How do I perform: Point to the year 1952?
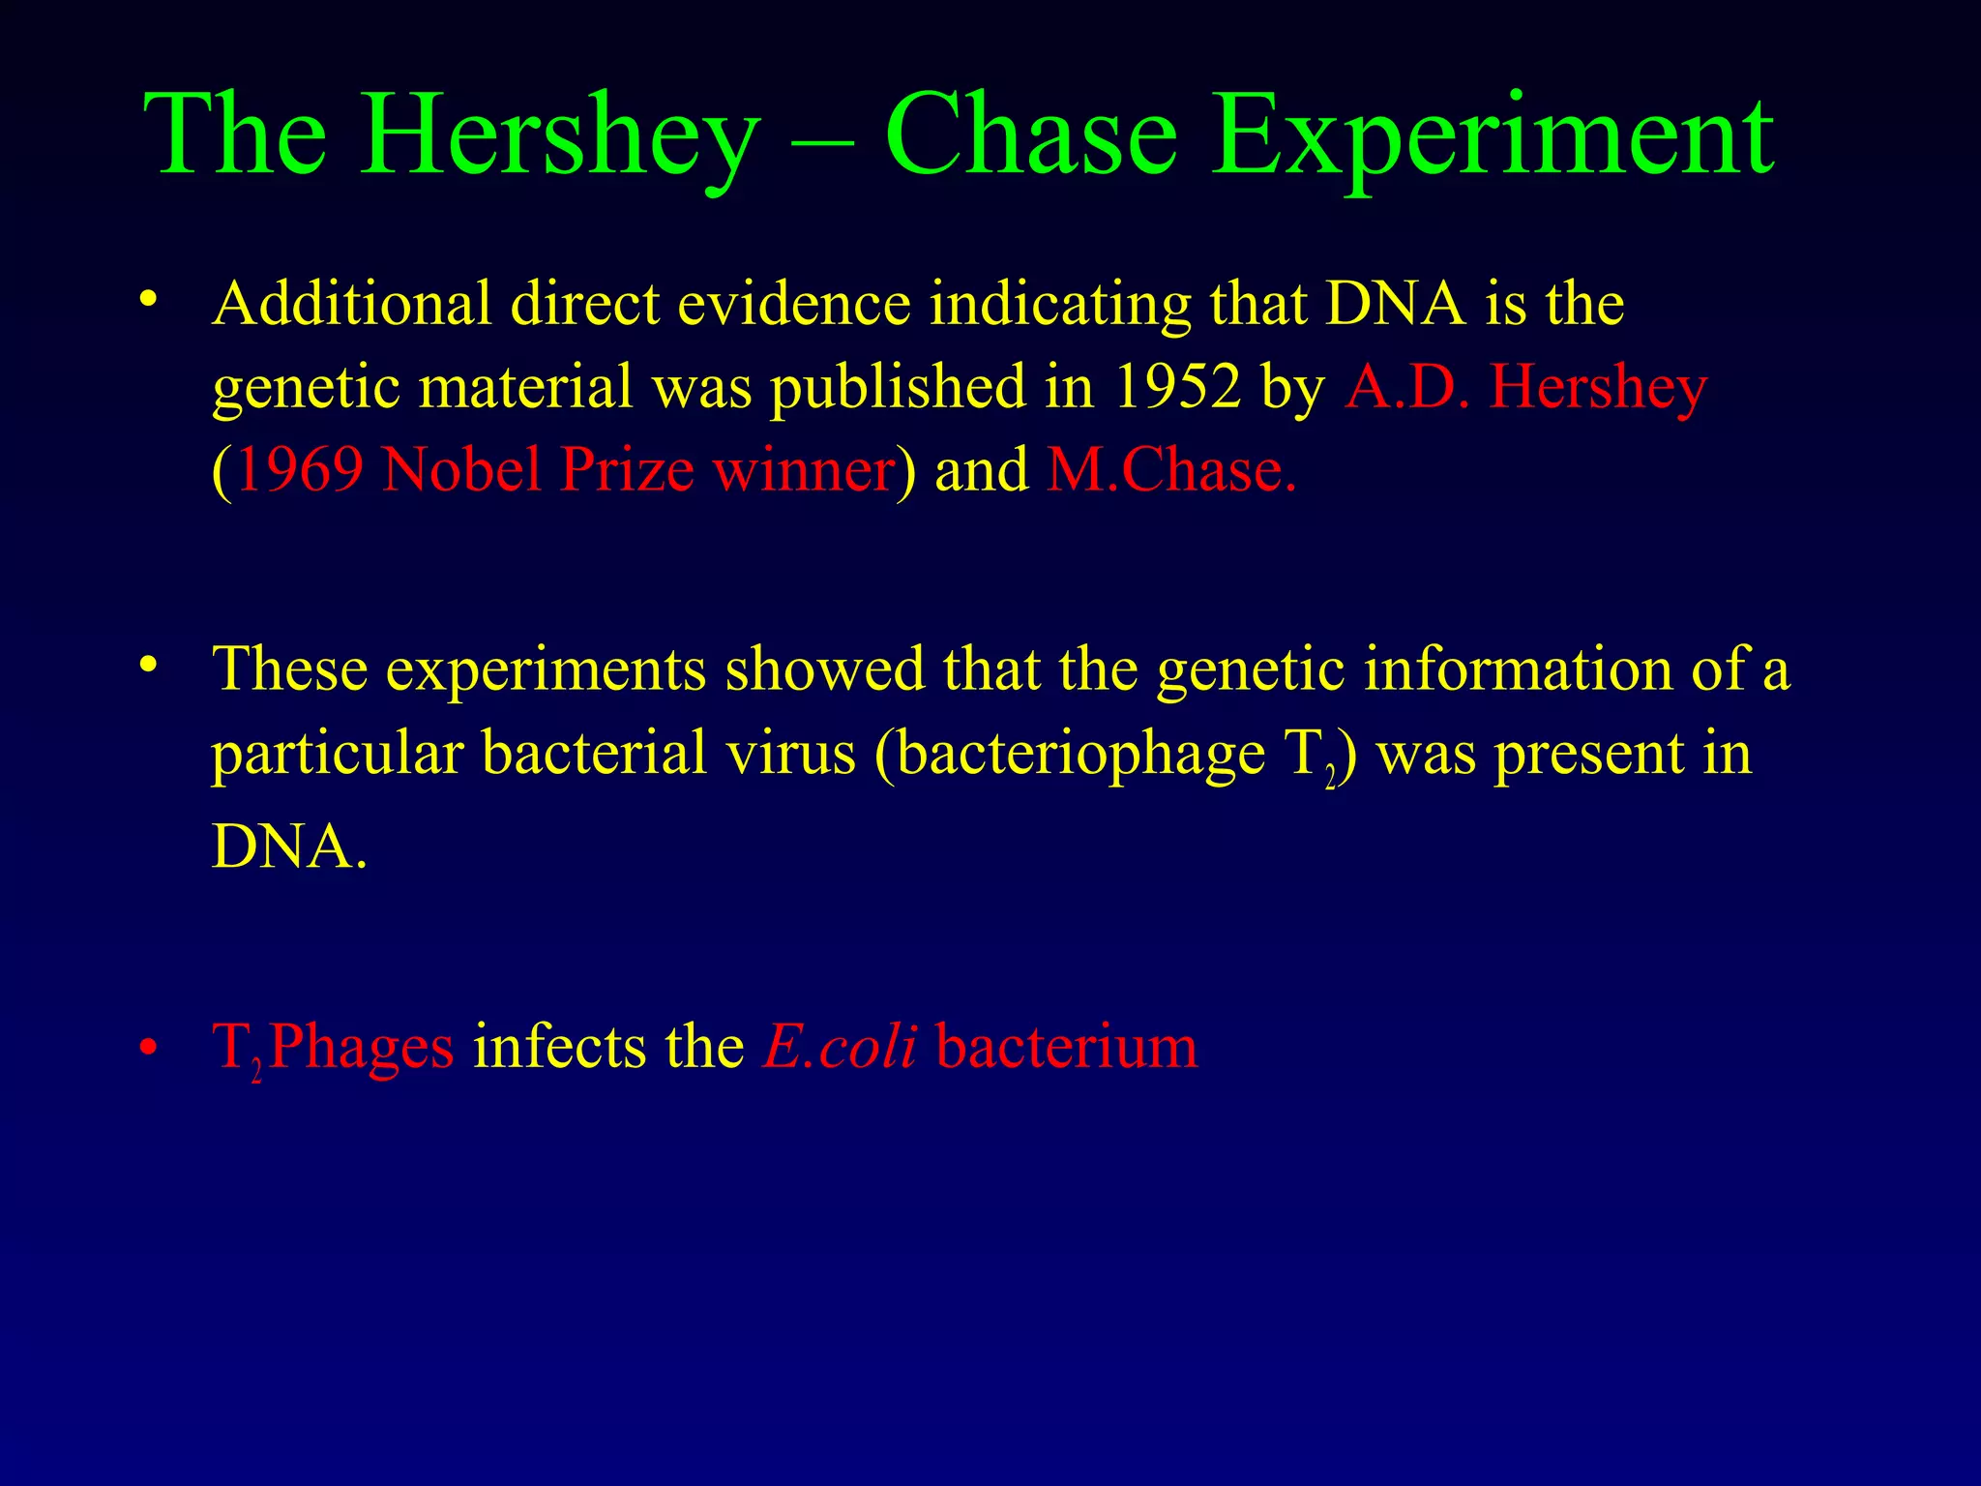coord(1177,386)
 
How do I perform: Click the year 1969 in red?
coord(300,470)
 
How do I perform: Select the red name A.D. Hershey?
coord(1525,386)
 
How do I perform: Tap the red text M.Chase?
coord(1170,470)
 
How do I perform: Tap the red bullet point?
coord(147,1048)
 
